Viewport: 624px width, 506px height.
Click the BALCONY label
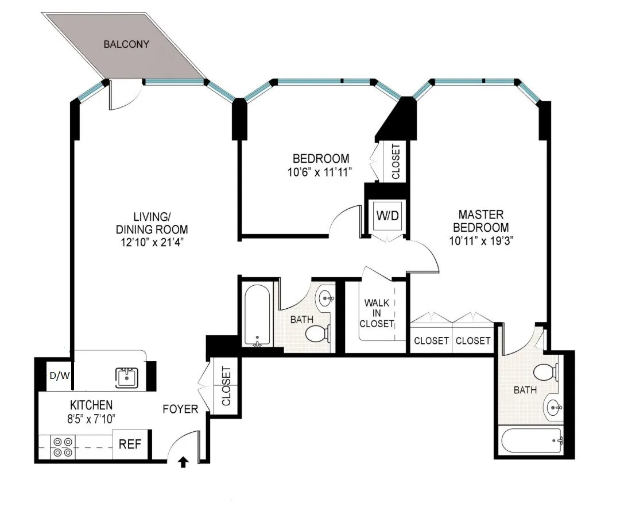(x=126, y=44)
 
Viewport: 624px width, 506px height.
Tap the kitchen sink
(x=126, y=378)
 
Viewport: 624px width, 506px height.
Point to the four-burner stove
(x=62, y=447)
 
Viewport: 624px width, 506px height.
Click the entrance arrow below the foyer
(x=184, y=461)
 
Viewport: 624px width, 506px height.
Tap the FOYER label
(x=180, y=409)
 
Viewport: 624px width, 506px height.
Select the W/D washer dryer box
(x=387, y=216)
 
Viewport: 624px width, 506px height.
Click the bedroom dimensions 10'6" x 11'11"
(x=321, y=171)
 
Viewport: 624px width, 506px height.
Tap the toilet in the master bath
(x=547, y=372)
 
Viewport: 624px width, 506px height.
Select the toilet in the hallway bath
(x=317, y=333)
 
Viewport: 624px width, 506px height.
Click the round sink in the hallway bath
(x=327, y=298)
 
